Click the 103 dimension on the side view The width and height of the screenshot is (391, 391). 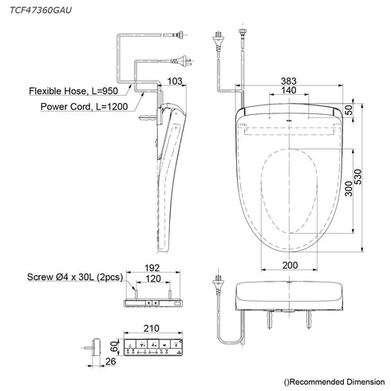tap(174, 82)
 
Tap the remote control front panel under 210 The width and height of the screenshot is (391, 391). tap(154, 346)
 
